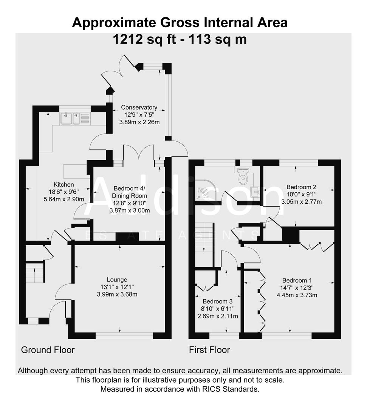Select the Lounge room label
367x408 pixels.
pyautogui.click(x=117, y=280)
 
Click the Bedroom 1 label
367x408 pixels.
pyautogui.click(x=297, y=280)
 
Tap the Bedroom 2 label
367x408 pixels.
pyautogui.click(x=301, y=187)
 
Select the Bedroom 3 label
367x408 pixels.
pyautogui.click(x=217, y=301)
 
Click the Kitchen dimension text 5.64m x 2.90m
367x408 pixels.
pyautogui.click(x=63, y=199)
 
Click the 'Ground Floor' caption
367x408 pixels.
pyautogui.click(x=48, y=350)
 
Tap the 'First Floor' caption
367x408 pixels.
pyautogui.click(x=209, y=350)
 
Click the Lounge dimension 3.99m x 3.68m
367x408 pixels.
pyautogui.click(x=117, y=294)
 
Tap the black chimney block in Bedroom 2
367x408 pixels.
pyautogui.click(x=290, y=234)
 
